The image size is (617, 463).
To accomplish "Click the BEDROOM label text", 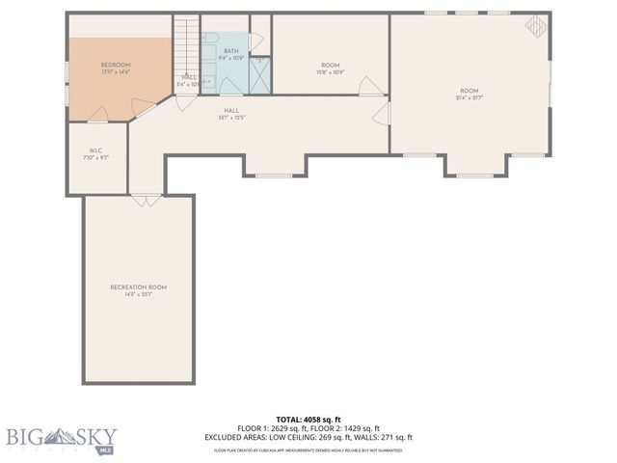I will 115,65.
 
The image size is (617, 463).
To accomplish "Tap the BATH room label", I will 231,50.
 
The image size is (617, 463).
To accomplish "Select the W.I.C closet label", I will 95,150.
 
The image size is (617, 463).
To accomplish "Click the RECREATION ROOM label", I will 138,286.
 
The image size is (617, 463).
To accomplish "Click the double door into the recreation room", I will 146,201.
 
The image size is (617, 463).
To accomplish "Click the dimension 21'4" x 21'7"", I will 469,97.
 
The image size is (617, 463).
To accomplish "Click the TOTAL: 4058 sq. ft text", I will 308,419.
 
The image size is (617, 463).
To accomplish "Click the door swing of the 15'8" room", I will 371,88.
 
